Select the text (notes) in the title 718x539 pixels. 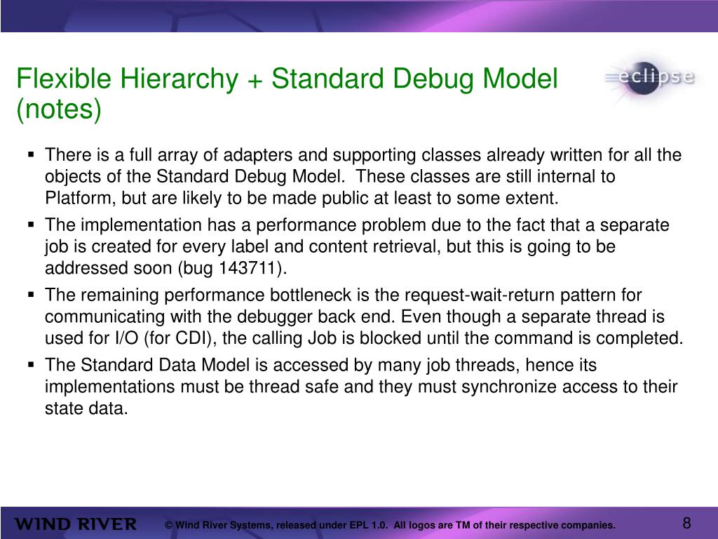coord(59,109)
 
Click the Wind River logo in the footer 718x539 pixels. coord(76,524)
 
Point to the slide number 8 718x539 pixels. coord(686,523)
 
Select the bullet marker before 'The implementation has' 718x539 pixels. coord(32,225)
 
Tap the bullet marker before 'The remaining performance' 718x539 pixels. coord(32,295)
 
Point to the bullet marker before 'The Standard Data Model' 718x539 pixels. coord(32,365)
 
